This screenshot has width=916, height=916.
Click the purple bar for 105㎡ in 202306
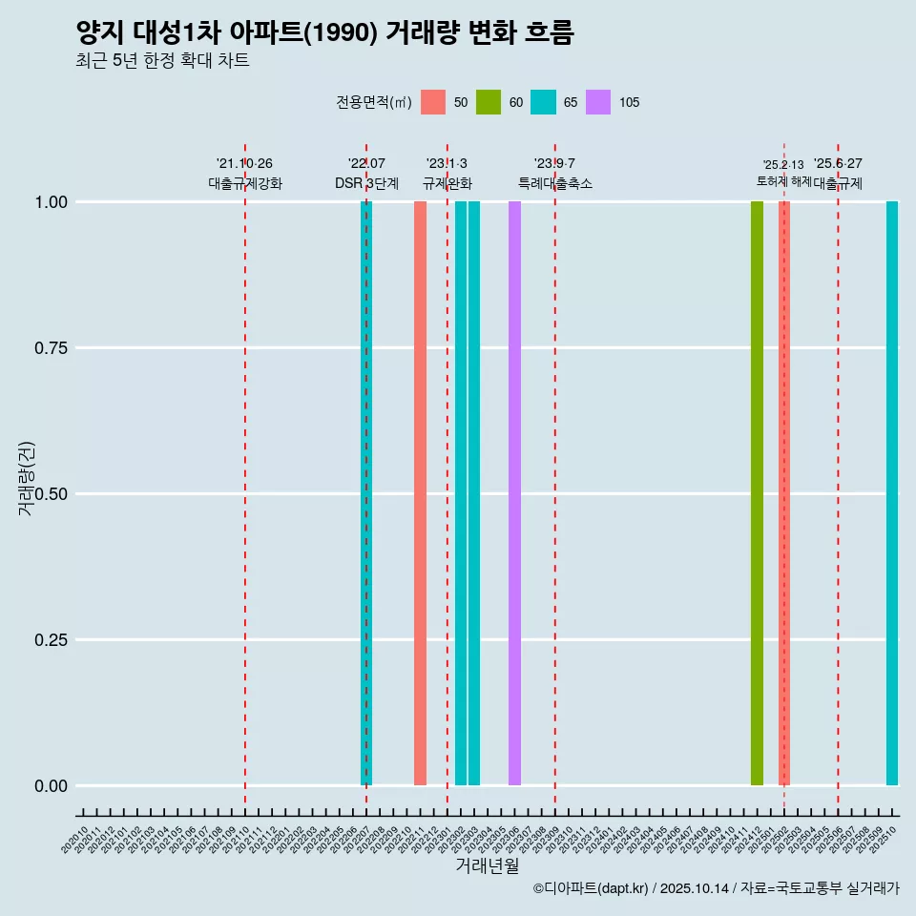tap(514, 493)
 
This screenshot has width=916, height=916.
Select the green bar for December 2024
tap(757, 493)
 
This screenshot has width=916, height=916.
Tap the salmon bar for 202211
tap(420, 493)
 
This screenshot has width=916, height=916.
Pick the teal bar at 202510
tap(892, 493)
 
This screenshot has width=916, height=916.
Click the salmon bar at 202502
tap(784, 493)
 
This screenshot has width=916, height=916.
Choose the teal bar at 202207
tap(366, 493)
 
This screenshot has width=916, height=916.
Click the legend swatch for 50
tap(433, 102)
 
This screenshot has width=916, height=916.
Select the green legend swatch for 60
tap(489, 102)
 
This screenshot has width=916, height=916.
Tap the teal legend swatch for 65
tap(543, 102)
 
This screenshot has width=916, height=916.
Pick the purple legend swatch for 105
tap(598, 102)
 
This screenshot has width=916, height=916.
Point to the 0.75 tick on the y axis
tap(49, 348)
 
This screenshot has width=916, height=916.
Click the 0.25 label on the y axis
tap(49, 640)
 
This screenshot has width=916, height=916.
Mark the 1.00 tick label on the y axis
tap(49, 202)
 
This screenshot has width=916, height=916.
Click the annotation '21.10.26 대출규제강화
tap(245, 174)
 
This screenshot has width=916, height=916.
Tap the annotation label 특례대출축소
tap(555, 183)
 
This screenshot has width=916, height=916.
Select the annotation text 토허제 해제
tap(783, 180)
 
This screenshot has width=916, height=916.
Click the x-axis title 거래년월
tap(487, 866)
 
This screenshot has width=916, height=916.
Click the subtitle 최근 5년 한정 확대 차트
tap(162, 61)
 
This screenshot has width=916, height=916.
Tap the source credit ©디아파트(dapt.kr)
tap(592, 888)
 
